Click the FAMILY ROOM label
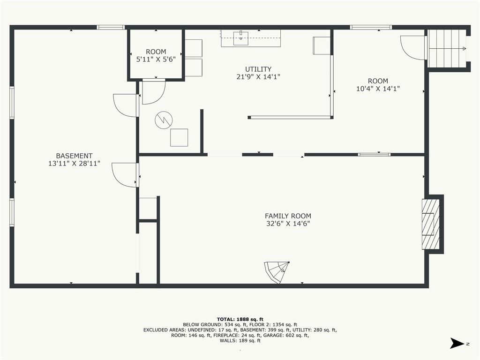pos(288,216)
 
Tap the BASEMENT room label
pos(74,156)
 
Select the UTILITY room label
pos(258,69)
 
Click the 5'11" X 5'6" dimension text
pos(156,59)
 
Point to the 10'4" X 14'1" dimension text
pos(378,89)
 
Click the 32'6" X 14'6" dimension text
pos(288,224)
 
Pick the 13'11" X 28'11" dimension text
pos(74,164)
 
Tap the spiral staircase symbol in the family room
pos(277,272)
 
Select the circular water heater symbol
pos(164,120)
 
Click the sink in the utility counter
pos(241,38)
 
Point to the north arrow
pos(457,343)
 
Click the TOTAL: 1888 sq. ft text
pos(240,319)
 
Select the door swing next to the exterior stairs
pos(413,47)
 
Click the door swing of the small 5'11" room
pos(154,92)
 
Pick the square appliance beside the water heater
pos(179,137)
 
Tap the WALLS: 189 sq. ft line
pos(240,340)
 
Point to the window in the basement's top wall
pos(111,27)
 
